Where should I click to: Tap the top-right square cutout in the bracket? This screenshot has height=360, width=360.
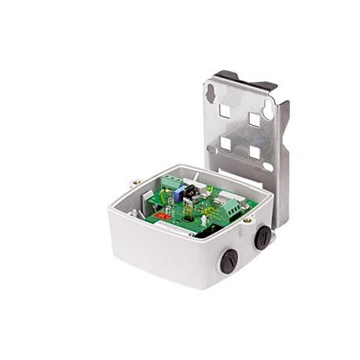[255, 119]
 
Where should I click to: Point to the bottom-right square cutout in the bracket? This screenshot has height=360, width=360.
[254, 150]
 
